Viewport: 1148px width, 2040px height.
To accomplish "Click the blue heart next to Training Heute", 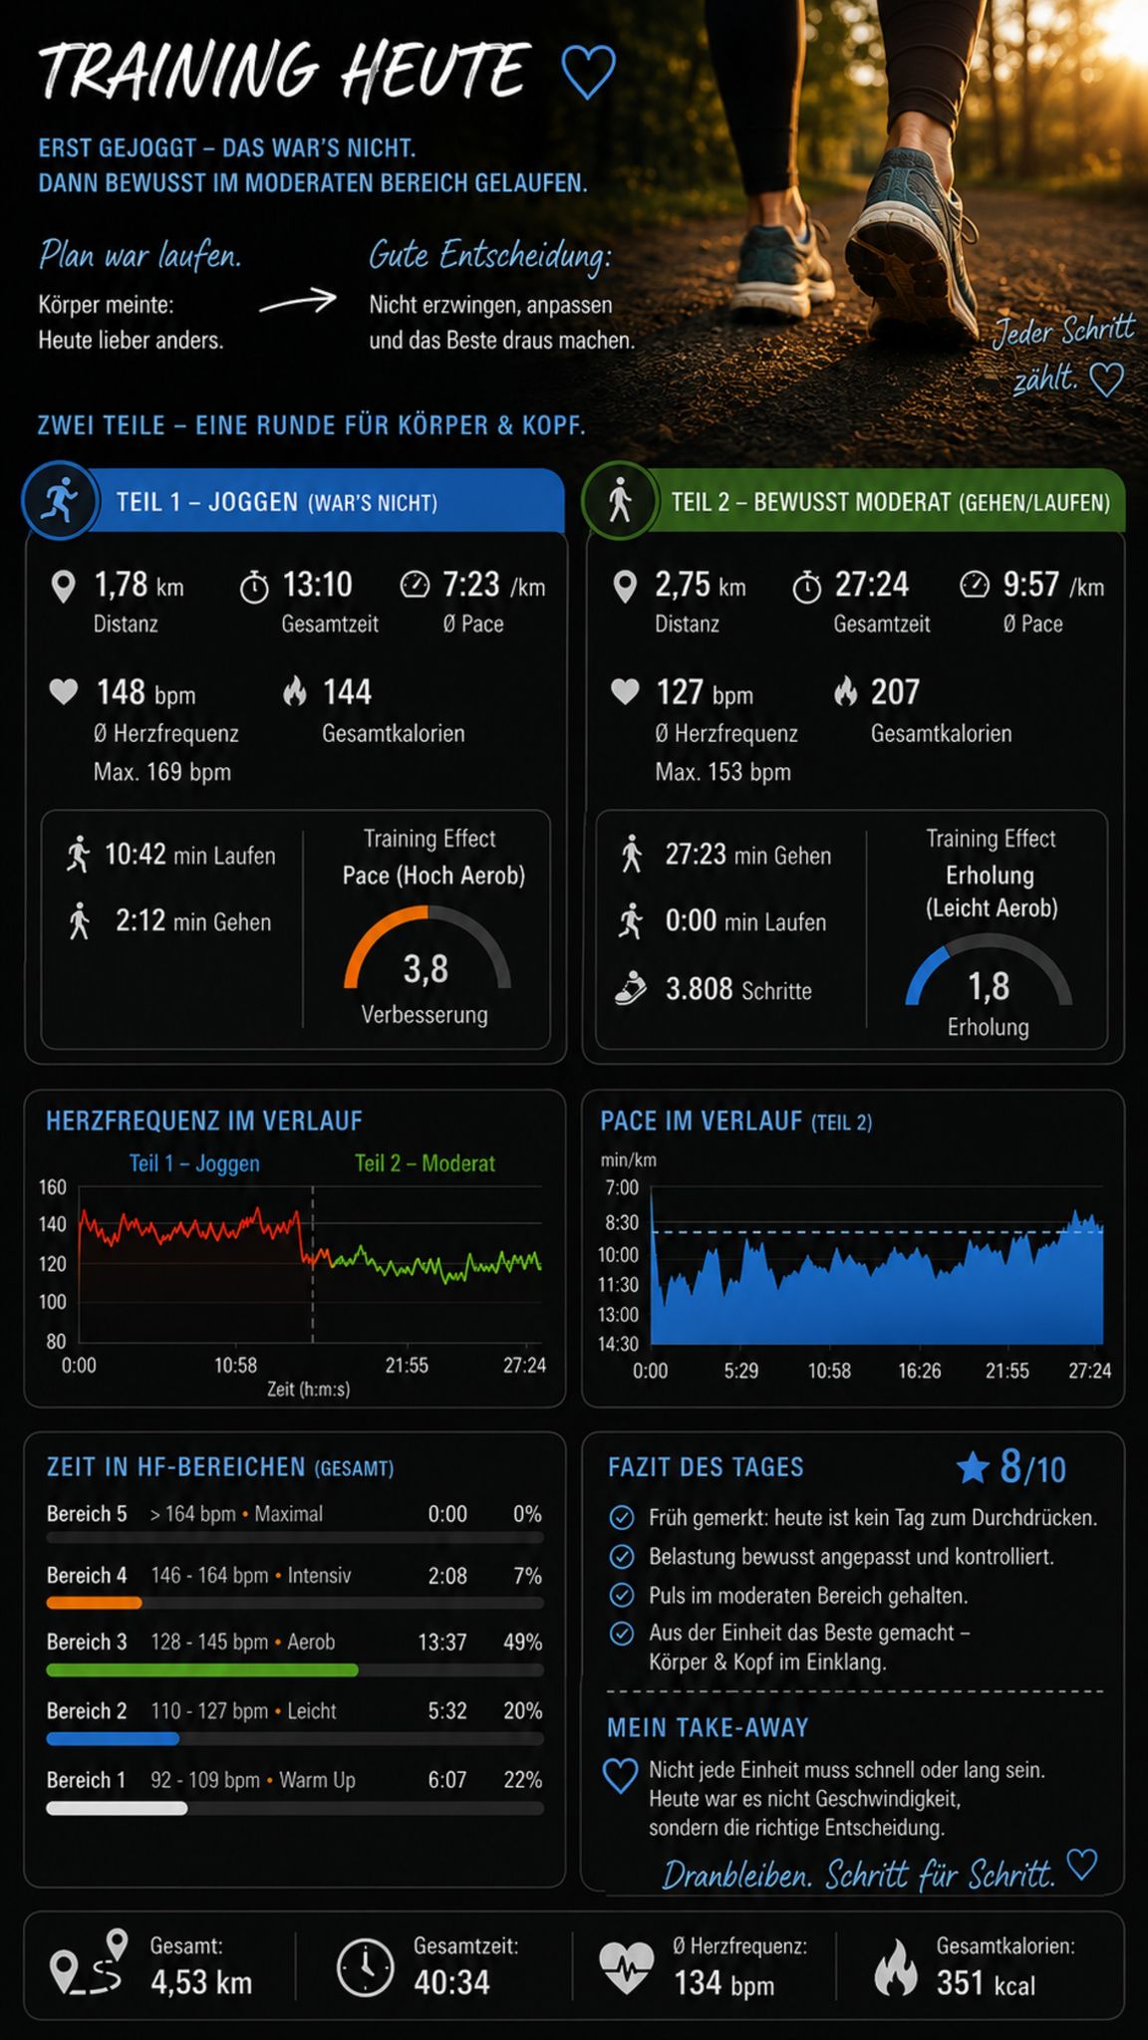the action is click(x=588, y=72).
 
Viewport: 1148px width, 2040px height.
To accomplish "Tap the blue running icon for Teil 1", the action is click(x=60, y=500).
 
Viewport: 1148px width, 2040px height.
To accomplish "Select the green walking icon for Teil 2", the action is click(x=620, y=500).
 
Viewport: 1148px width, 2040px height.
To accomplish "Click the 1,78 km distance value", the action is click(x=139, y=585).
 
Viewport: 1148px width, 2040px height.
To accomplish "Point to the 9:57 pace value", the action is click(x=1053, y=585).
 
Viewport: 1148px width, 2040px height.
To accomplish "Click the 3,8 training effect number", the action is click(x=426, y=968).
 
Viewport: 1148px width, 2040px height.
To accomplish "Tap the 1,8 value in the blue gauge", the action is click(x=989, y=986).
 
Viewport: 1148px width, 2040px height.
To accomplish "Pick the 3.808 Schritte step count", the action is click(x=738, y=989).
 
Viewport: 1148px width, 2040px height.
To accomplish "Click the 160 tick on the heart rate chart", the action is click(x=53, y=1187).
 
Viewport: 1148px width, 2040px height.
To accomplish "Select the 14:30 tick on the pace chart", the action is click(x=618, y=1344).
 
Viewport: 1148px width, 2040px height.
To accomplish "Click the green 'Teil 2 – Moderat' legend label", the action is click(x=425, y=1162).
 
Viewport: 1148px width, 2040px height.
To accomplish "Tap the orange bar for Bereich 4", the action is click(x=94, y=1603).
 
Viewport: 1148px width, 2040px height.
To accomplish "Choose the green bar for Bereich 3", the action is click(x=202, y=1669).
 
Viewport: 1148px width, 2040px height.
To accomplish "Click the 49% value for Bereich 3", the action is click(x=522, y=1642).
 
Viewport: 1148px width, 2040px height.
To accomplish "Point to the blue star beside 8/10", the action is click(x=973, y=1467).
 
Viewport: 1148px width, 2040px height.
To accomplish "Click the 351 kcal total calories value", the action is click(x=986, y=1983).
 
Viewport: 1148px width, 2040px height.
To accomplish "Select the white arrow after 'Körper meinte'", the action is click(x=298, y=301).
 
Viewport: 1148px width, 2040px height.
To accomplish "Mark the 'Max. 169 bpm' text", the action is click(x=162, y=772).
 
